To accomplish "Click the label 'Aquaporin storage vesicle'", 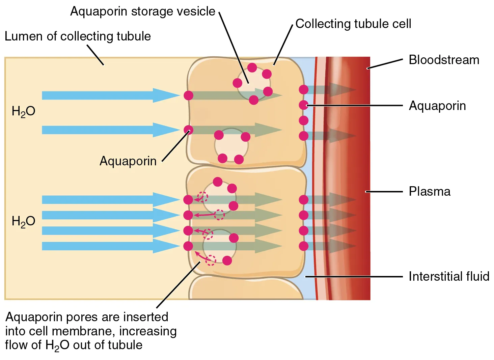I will click(142, 11).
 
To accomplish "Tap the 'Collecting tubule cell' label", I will click(353, 24).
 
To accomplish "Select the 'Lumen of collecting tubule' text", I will click(78, 36).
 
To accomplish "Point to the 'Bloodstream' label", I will click(444, 60).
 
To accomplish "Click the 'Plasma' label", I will click(430, 192).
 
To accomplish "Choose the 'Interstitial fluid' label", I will click(449, 276).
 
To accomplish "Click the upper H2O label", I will click(23, 111).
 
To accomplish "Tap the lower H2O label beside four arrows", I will click(23, 221).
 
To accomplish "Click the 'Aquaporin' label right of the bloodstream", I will click(437, 106).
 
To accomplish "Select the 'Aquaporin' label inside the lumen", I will click(128, 161).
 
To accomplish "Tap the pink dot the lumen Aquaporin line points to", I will click(188, 130).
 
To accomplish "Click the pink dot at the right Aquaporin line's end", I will click(304, 105).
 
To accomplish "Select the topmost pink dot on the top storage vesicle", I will click(252, 67).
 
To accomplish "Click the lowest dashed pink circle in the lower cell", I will click(211, 260).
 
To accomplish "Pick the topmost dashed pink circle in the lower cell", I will click(202, 196).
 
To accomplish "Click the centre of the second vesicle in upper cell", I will click(231, 145).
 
